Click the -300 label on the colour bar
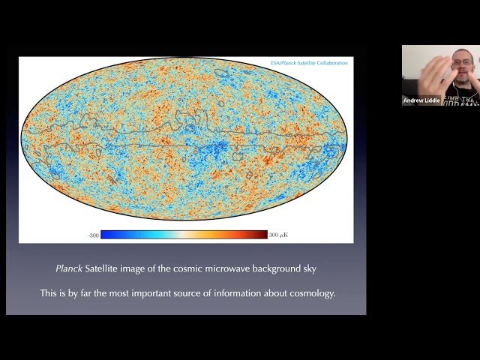(x=93, y=235)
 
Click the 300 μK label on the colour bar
(x=278, y=235)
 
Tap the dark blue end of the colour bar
(x=105, y=235)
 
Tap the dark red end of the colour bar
(x=263, y=235)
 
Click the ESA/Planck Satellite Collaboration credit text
(x=310, y=63)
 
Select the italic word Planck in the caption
(x=70, y=268)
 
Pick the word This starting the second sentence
(x=49, y=293)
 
